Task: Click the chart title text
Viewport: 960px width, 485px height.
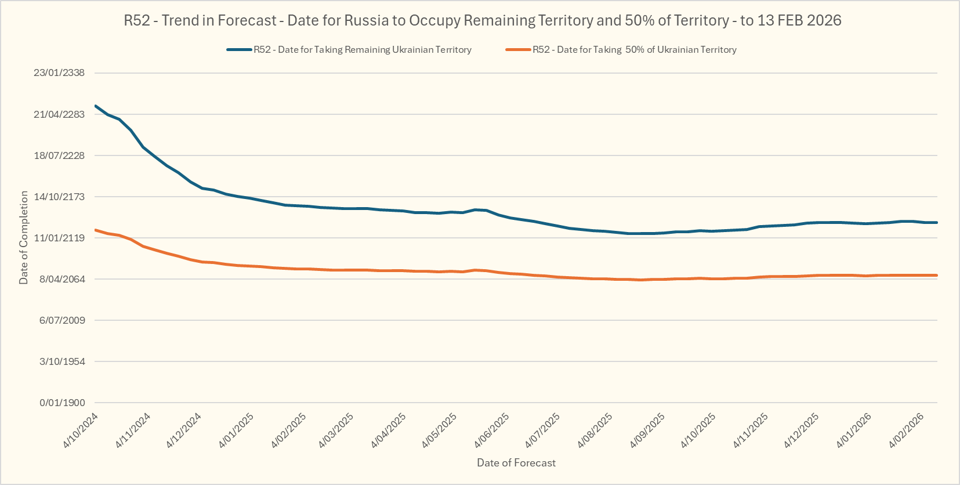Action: (483, 21)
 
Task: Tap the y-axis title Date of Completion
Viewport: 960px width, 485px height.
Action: (24, 238)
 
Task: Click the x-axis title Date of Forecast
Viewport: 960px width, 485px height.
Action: (516, 463)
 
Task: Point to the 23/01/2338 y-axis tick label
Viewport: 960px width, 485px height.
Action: (59, 73)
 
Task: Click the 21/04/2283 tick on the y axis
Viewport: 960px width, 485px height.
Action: (59, 114)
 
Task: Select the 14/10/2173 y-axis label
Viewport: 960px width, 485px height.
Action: (59, 197)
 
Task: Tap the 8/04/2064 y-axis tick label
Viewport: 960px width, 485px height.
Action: (61, 279)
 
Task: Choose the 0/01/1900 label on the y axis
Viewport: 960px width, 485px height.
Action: (62, 403)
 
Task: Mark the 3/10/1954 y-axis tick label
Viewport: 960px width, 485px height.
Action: (62, 361)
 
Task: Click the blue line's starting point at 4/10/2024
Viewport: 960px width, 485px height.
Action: (96, 106)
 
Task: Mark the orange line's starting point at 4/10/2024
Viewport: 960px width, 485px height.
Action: (96, 230)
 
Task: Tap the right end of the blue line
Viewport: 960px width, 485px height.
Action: (937, 222)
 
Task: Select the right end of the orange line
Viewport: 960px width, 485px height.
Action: (937, 275)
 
